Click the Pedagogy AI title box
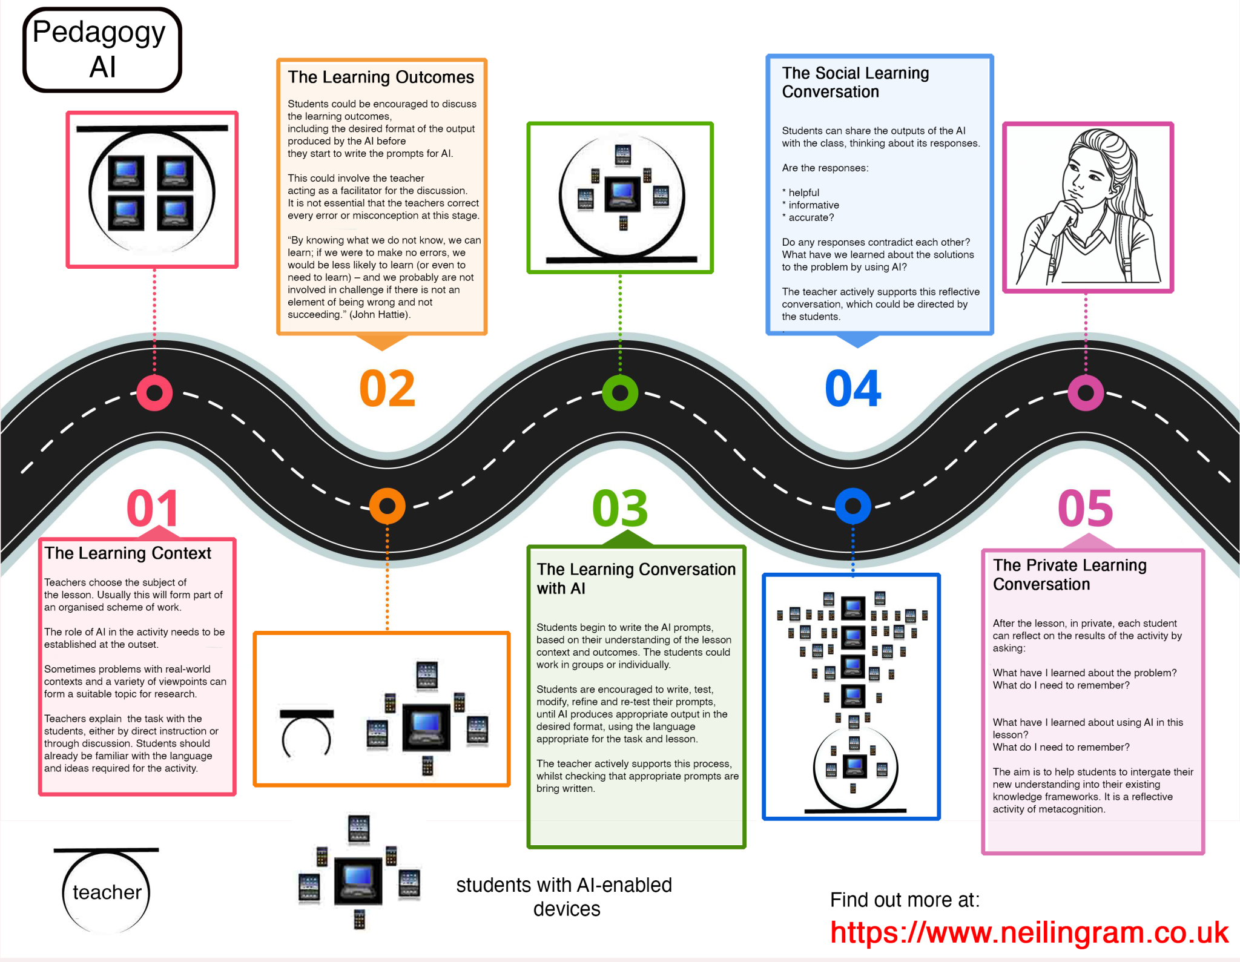click(x=102, y=50)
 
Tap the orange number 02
click(x=387, y=389)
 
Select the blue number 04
click(x=852, y=389)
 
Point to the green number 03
click(x=620, y=509)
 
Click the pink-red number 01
click(x=153, y=509)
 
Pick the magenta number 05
click(x=1085, y=509)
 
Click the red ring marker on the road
click(x=154, y=393)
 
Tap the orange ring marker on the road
click(x=387, y=506)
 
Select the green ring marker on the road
click(x=620, y=393)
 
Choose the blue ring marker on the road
click(x=852, y=506)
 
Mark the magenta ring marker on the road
click(x=1086, y=393)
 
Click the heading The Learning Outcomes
click(x=381, y=77)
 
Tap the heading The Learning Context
click(x=128, y=553)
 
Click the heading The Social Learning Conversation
click(x=855, y=82)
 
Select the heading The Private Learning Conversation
click(x=1069, y=575)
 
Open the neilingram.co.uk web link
click(x=1029, y=932)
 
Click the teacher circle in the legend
click(x=107, y=891)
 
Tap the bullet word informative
click(x=814, y=205)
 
